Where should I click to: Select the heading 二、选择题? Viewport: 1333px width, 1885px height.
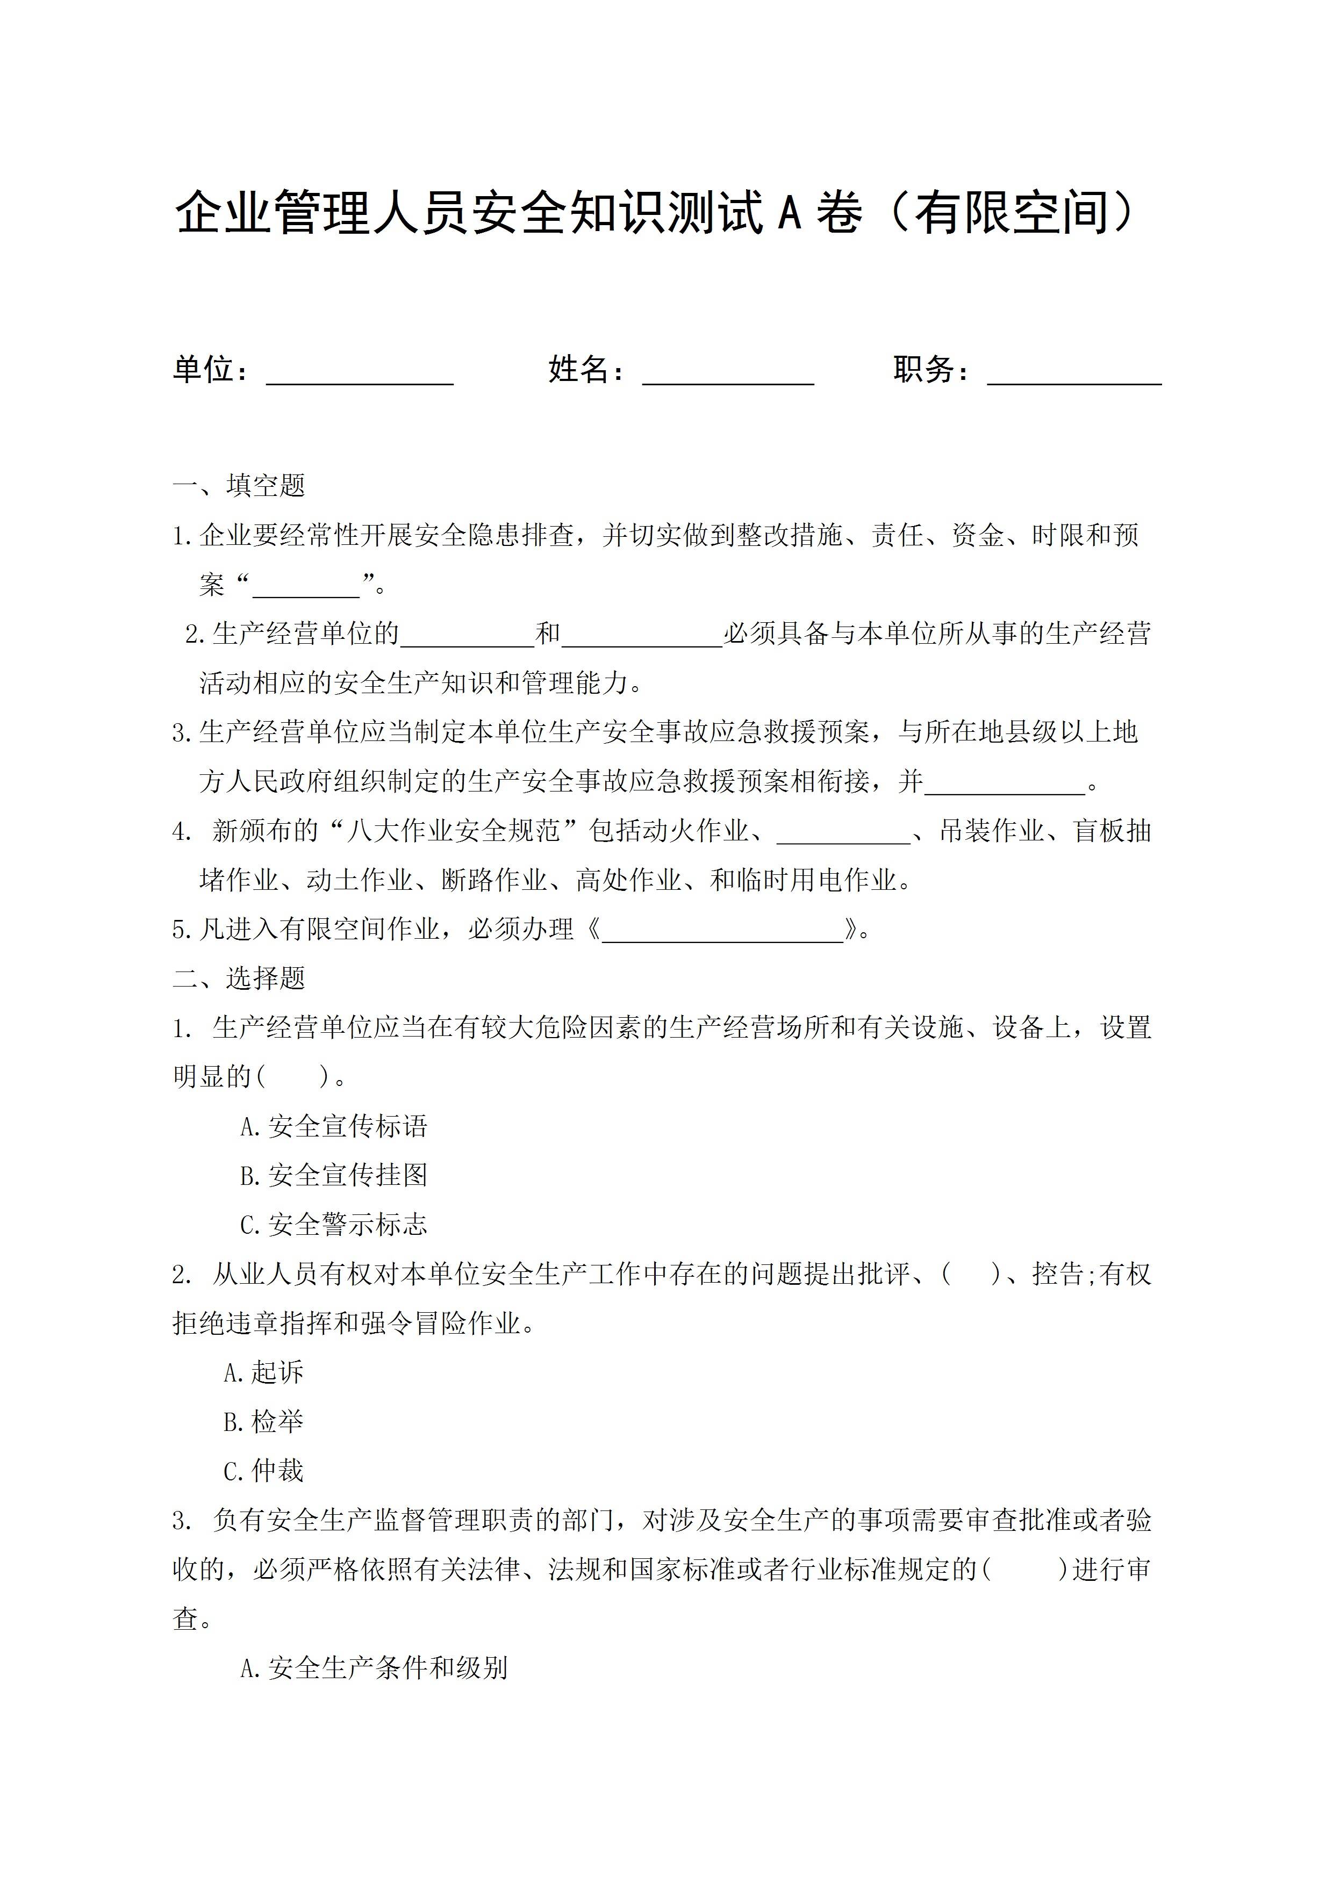point(239,978)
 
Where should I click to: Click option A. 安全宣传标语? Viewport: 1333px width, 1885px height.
point(333,1126)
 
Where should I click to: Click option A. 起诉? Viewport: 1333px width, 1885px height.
point(263,1372)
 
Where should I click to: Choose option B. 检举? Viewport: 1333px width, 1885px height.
point(263,1421)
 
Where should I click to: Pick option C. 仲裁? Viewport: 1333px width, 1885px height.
point(263,1470)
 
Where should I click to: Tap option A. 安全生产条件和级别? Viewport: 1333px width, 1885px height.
point(374,1667)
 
